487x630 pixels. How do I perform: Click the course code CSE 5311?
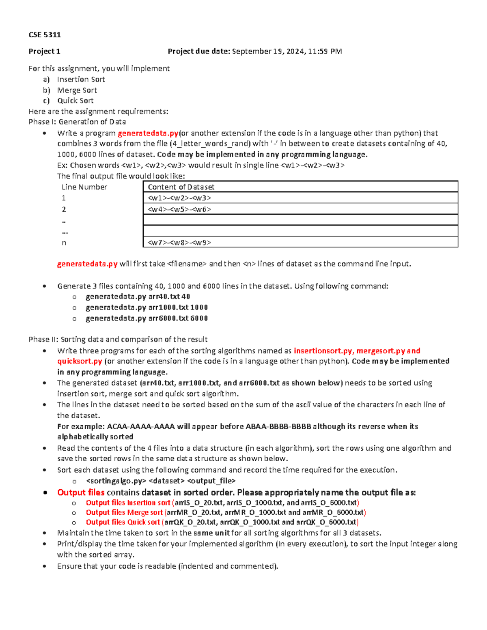coord(45,35)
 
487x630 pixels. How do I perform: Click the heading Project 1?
coord(44,52)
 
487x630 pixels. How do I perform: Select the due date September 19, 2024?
coord(268,52)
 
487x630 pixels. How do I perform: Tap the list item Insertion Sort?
coord(81,80)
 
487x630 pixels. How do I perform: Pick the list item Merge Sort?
coord(77,90)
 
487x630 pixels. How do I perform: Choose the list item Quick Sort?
coord(75,101)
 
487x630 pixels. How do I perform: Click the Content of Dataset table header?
coord(181,187)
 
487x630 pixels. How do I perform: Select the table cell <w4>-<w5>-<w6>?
coord(179,209)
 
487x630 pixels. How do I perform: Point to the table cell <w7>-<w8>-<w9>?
coord(179,243)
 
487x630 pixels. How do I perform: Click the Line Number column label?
coord(84,187)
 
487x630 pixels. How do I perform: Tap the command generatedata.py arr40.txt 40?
coord(138,297)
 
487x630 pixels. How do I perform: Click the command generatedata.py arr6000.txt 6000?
coord(147,318)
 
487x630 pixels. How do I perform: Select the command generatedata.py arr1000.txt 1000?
coord(147,307)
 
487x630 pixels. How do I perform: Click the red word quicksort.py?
coord(80,361)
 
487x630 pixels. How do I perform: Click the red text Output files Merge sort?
coord(124,512)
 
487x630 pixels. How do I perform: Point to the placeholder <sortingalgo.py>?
coord(116,481)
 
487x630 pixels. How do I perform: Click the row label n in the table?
coord(64,243)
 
